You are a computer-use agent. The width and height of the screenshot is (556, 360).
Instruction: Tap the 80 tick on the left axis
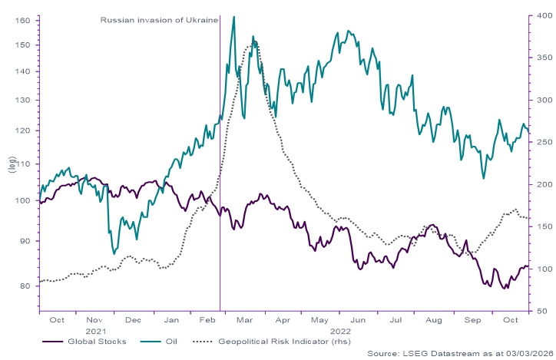[x=24, y=286]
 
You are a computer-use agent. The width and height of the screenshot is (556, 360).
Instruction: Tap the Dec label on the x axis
[x=132, y=319]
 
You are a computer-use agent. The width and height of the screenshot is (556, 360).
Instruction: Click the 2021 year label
[x=94, y=329]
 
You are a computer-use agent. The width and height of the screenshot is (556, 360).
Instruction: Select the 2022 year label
[x=339, y=329]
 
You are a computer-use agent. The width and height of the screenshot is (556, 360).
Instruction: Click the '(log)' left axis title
[x=11, y=164]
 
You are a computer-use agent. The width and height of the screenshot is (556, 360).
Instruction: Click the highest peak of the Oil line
[x=233, y=16]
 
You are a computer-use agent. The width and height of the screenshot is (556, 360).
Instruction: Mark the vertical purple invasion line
[x=220, y=192]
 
